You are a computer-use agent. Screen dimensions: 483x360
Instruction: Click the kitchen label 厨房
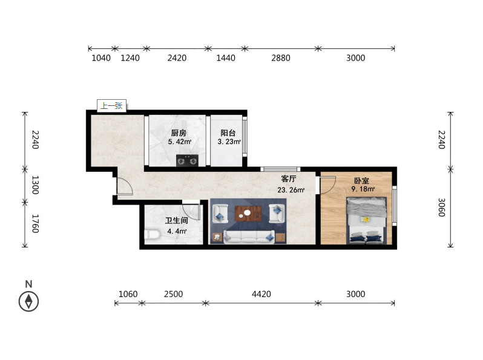pos(179,133)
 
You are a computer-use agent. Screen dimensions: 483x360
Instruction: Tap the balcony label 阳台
pos(228,133)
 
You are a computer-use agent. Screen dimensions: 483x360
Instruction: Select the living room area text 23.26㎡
pos(291,190)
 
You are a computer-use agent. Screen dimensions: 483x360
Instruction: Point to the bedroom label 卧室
pos(361,180)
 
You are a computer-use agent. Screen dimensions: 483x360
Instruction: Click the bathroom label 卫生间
pos(177,220)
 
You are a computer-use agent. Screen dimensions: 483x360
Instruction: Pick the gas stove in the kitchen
pos(187,160)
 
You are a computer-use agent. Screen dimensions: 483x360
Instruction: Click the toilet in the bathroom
pos(152,235)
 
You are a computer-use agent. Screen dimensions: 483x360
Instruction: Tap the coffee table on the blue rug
pos(248,214)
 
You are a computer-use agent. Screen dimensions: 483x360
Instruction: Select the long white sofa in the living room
pos(249,237)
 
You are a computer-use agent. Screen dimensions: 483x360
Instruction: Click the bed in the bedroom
pos(367,220)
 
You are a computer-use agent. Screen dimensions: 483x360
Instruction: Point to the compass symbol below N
pos(28,301)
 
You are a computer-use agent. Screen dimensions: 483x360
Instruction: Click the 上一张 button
pos(111,106)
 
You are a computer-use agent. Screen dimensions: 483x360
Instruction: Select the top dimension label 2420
pos(177,58)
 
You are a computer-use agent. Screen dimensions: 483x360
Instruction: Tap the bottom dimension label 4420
pos(261,294)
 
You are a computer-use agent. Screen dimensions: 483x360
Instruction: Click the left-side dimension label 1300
pos(36,185)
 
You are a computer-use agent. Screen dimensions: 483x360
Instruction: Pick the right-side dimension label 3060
pos(442,208)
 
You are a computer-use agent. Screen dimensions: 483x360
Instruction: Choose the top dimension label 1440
pos(226,58)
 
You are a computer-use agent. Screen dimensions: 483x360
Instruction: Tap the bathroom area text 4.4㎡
pos(177,231)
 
